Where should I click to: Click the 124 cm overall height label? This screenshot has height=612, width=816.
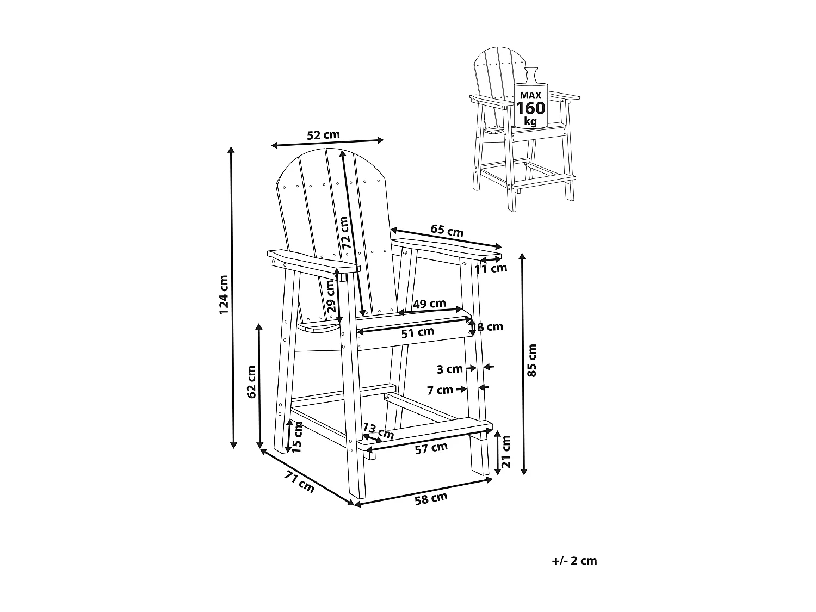click(224, 294)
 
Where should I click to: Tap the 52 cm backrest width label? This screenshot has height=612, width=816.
click(323, 135)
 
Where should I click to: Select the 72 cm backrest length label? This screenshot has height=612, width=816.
click(343, 233)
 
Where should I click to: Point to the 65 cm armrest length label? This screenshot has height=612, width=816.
click(447, 231)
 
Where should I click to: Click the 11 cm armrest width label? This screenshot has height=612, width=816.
click(491, 268)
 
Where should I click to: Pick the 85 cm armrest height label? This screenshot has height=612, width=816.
click(532, 360)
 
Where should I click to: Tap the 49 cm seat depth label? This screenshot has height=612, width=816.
click(429, 304)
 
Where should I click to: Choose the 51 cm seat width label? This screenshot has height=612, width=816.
click(418, 332)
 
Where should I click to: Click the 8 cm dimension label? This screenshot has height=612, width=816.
click(490, 327)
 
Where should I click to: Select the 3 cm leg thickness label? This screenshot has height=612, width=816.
click(449, 369)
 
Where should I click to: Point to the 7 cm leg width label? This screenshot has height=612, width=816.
click(440, 390)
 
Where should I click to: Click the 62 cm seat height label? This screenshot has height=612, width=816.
click(251, 382)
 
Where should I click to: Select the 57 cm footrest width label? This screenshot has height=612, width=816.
click(431, 448)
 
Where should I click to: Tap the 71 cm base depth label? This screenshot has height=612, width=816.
click(299, 482)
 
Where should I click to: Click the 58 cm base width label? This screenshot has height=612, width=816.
click(431, 499)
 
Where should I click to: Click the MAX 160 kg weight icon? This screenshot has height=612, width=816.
click(530, 104)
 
